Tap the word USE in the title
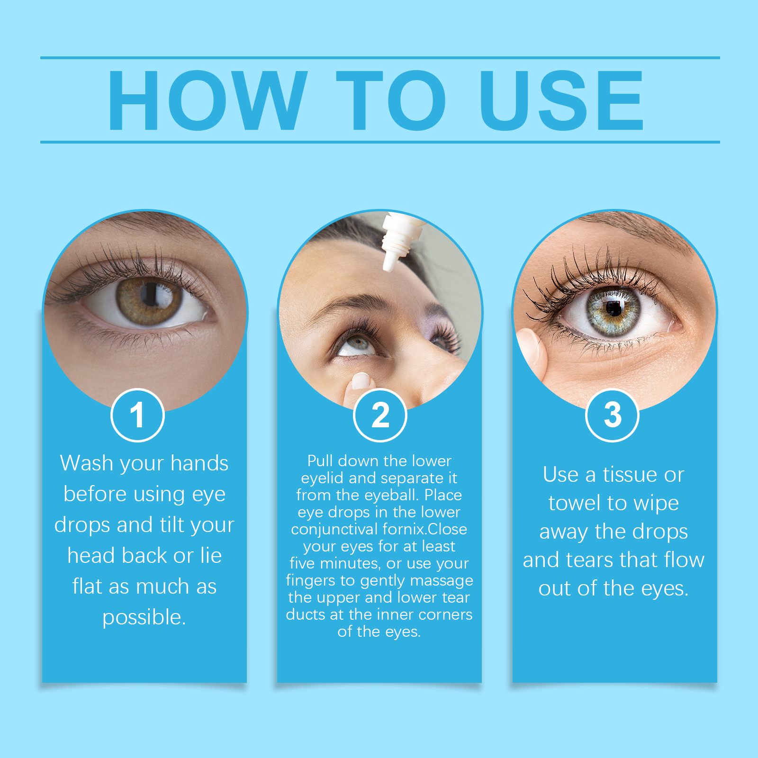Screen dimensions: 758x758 pyautogui.click(x=562, y=100)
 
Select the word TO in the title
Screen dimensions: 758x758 pyautogui.click(x=391, y=100)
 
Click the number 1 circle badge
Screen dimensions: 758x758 pyautogui.click(x=137, y=415)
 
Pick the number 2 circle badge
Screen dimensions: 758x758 pyautogui.click(x=380, y=415)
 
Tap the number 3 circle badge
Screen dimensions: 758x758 pyautogui.click(x=613, y=415)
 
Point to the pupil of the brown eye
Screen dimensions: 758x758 pyautogui.click(x=151, y=295)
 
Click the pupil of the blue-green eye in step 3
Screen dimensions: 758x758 pyautogui.click(x=614, y=308)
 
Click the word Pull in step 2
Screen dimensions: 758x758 pyautogui.click(x=320, y=460)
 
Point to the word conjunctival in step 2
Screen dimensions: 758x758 pyautogui.click(x=334, y=529)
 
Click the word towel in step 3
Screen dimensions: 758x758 pyautogui.click(x=575, y=503)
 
